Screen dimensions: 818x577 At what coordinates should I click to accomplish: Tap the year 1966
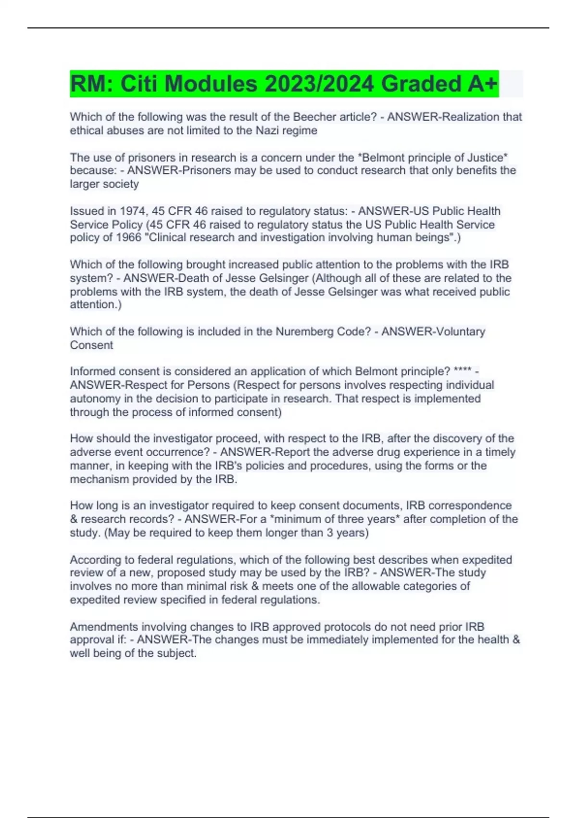coord(128,238)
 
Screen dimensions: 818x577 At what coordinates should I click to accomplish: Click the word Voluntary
coord(460,332)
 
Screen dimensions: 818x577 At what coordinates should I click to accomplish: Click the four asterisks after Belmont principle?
coord(462,371)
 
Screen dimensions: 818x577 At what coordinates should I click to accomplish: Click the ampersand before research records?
coord(74,519)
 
